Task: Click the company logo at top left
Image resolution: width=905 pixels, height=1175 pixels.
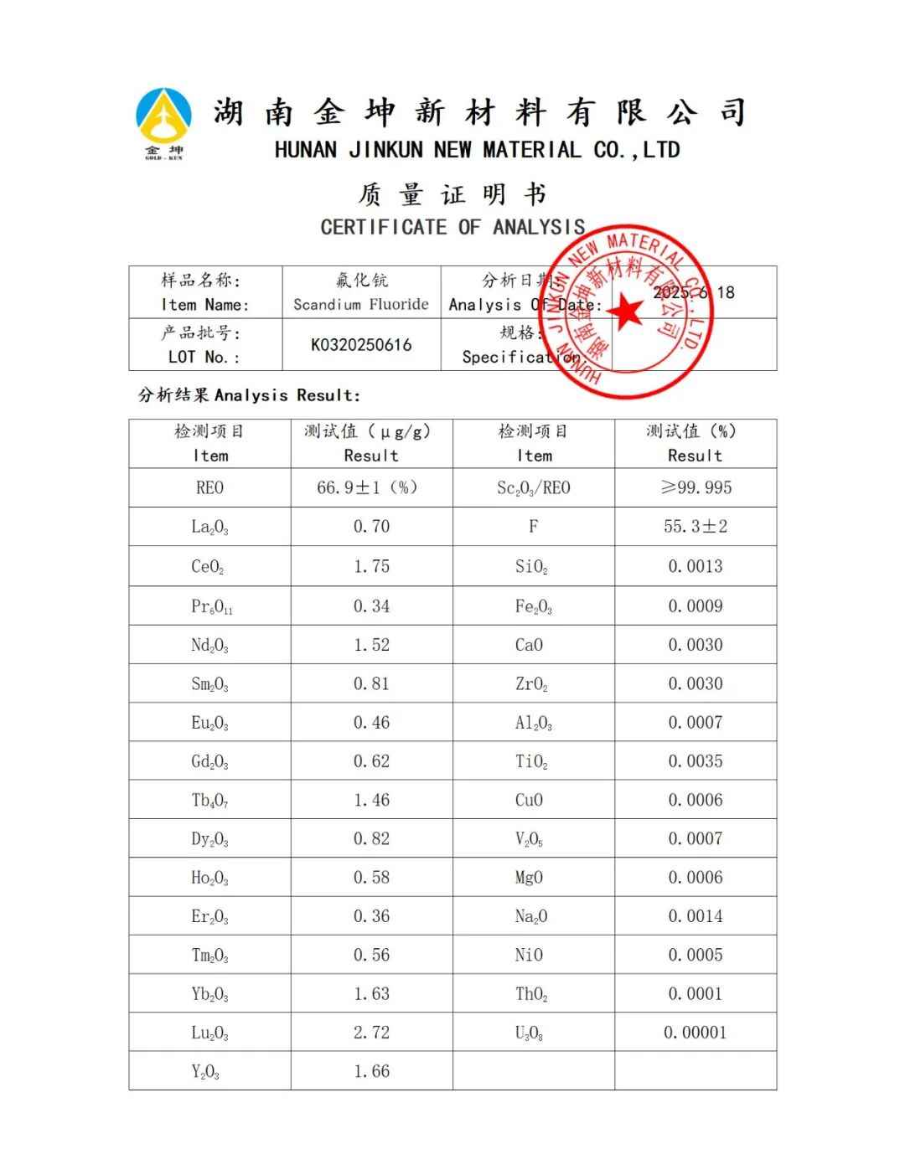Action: [163, 122]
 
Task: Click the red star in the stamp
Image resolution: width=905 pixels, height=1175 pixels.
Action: [624, 312]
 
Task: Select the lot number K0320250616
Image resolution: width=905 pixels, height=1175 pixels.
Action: [361, 345]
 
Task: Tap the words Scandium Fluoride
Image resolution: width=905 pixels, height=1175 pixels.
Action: [361, 304]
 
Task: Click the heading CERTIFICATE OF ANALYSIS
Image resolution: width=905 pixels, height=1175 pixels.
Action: [452, 227]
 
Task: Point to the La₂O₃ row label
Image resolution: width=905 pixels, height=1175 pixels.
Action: [209, 527]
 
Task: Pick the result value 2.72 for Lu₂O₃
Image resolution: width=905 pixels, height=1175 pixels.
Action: [371, 1033]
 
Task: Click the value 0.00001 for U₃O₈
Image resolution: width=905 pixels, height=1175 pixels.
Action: [695, 1033]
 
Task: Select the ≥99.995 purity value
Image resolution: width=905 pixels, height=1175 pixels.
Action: [696, 487]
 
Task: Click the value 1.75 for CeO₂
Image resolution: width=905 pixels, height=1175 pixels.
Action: [371, 566]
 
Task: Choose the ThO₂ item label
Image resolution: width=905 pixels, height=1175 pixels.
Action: [531, 994]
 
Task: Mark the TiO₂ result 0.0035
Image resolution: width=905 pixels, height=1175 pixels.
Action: [695, 761]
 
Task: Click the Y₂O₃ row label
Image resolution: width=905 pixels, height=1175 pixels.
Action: [206, 1072]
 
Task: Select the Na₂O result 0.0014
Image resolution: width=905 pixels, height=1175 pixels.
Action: [695, 916]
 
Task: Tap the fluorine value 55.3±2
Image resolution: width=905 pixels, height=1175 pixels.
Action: [696, 527]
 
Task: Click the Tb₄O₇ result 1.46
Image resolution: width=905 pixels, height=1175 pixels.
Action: [371, 800]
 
